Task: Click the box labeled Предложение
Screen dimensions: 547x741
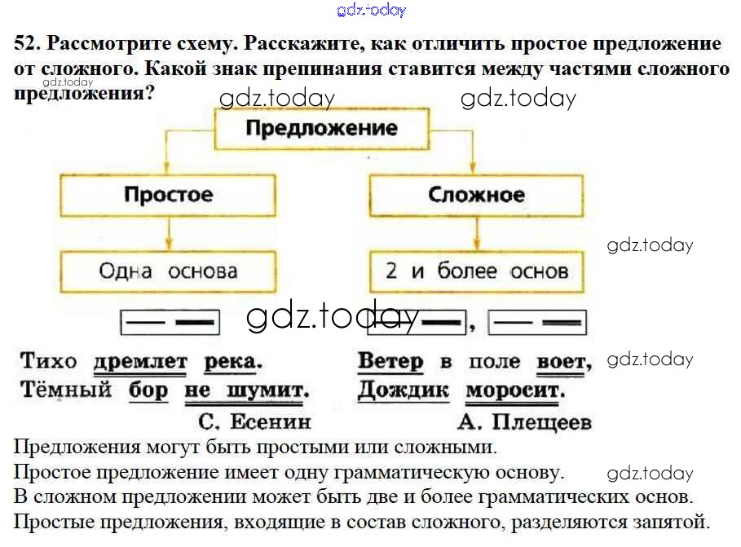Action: click(321, 129)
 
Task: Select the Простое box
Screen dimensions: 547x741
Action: click(168, 196)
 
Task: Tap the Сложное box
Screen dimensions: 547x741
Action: click(476, 196)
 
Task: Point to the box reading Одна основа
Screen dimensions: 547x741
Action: click(168, 271)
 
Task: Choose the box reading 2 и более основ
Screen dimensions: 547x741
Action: click(476, 271)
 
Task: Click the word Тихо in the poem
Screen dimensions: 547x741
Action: click(48, 360)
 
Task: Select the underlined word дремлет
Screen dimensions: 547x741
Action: click(140, 361)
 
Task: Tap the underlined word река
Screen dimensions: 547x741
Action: click(233, 361)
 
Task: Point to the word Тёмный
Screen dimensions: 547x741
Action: click(65, 390)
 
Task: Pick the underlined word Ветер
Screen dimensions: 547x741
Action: click(390, 360)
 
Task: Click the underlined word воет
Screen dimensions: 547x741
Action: click(562, 361)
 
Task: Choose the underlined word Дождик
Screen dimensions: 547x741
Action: click(403, 390)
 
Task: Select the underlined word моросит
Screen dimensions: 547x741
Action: click(515, 390)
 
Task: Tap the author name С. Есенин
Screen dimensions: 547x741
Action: click(254, 421)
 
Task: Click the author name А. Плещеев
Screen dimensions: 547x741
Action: click(524, 421)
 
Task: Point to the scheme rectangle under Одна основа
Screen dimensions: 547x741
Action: click(170, 322)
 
